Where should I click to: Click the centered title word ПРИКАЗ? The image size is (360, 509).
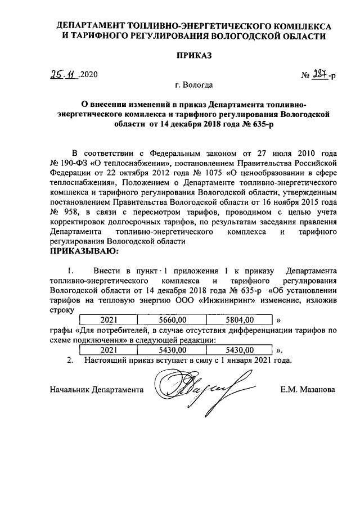pyautogui.click(x=193, y=56)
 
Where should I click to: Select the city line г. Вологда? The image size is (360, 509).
pyautogui.click(x=193, y=87)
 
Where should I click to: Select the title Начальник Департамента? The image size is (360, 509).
pyautogui.click(x=96, y=389)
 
